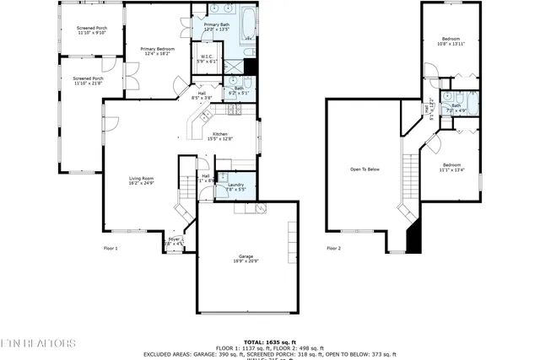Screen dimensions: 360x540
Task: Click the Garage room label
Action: coord(246,259)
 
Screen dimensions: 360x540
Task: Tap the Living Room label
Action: coord(141,180)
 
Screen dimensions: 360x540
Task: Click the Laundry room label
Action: coord(235,187)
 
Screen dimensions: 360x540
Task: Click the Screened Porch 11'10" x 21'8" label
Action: coord(87,81)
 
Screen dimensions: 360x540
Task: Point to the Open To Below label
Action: coord(364,169)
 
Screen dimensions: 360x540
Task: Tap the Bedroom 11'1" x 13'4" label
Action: coord(451,167)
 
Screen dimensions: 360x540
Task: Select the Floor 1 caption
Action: coord(111,248)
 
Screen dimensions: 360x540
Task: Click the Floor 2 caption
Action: coord(333,248)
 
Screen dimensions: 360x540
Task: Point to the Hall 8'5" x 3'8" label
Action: coord(202,95)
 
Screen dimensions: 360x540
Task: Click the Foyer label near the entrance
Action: coord(175,242)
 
